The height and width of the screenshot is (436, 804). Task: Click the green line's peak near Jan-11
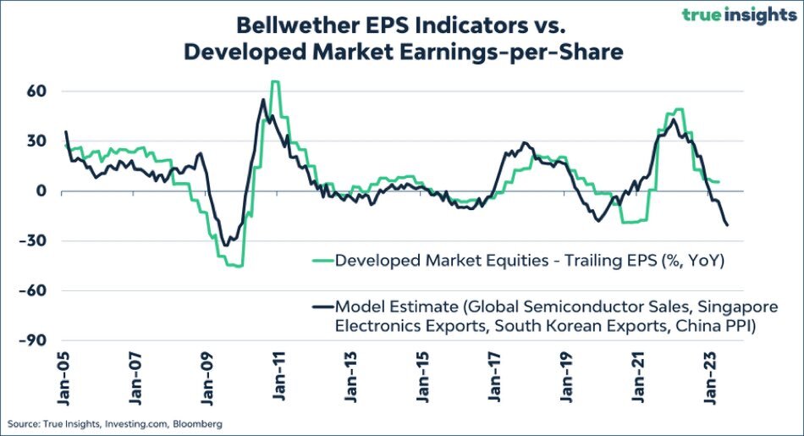(275, 82)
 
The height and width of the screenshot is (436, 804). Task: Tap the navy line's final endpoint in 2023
(728, 224)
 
